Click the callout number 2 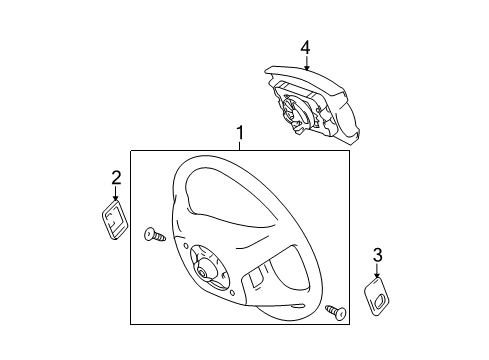tap(116, 179)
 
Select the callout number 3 tap(377, 257)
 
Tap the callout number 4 tap(305, 46)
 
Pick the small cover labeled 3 tap(378, 297)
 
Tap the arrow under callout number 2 tap(116, 197)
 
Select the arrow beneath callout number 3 tap(377, 274)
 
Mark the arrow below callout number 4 tap(305, 62)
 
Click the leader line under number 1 tap(240, 146)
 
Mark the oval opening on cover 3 tap(380, 295)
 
